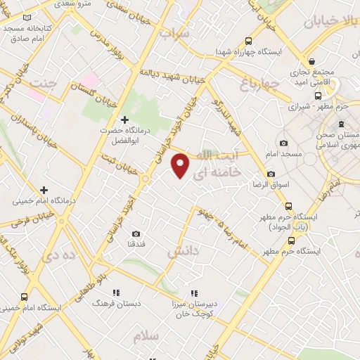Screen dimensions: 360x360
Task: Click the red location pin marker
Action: pos(181,166)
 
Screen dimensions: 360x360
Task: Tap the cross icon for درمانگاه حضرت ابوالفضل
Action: pos(125,120)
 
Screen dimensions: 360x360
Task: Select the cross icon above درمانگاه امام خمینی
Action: pos(44,190)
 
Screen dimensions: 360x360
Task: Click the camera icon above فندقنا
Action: pos(136,233)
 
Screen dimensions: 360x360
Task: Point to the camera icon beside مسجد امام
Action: pos(283,143)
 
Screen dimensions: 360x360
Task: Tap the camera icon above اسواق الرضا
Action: pos(271,174)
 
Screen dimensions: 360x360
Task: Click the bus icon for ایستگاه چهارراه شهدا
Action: pos(221,52)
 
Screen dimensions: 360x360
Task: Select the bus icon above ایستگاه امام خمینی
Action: pos(25,297)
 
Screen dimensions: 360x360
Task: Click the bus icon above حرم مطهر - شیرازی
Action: pos(319,96)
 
